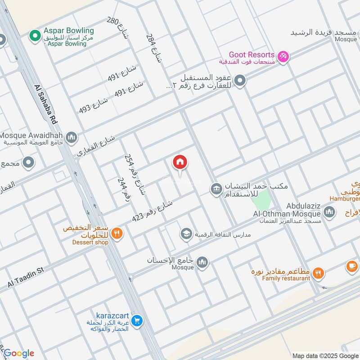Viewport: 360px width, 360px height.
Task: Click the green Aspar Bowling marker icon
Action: (x=34, y=35)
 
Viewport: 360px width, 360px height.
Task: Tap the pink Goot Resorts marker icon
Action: (x=283, y=57)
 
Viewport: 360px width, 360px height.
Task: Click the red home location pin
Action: (x=180, y=163)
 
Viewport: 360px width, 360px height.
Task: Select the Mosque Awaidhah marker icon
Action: (x=71, y=136)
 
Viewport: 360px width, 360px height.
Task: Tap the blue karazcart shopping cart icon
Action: (x=138, y=321)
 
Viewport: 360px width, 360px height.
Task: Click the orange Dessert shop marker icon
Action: (x=117, y=233)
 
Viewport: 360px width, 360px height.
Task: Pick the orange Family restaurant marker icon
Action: (x=319, y=273)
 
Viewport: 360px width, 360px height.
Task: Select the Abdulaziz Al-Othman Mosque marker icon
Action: (x=329, y=211)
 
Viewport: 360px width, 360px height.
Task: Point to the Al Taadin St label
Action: (x=26, y=277)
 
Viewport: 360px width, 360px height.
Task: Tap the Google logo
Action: (x=18, y=353)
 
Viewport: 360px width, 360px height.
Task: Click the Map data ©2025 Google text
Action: (x=325, y=355)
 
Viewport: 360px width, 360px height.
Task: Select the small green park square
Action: (x=263, y=198)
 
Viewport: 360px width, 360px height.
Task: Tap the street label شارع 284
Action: (x=153, y=49)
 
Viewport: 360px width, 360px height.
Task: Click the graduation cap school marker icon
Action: (x=185, y=234)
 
